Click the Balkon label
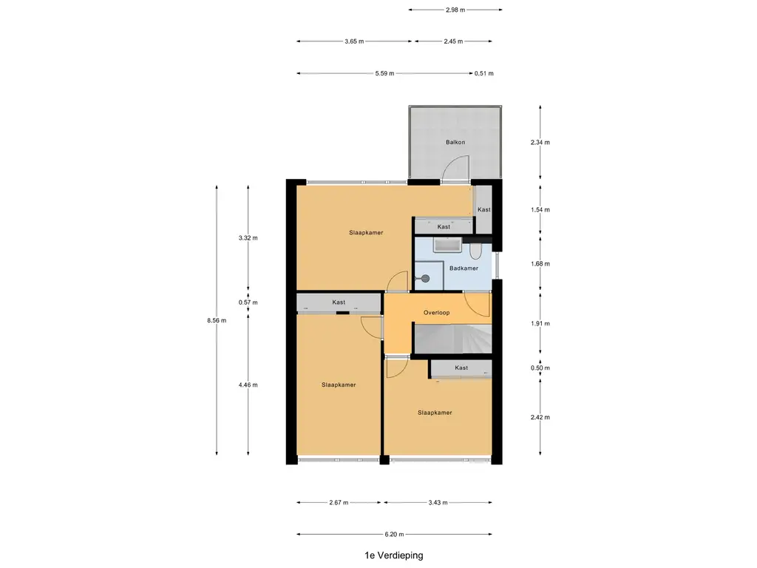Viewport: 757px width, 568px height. tap(455, 142)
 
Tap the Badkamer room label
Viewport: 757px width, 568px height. tap(464, 268)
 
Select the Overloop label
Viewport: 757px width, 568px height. tap(436, 313)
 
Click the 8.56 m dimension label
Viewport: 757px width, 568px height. tap(217, 320)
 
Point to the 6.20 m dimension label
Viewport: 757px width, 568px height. tap(394, 534)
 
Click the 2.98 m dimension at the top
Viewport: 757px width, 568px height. tap(455, 10)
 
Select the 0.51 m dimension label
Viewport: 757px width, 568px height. tap(483, 73)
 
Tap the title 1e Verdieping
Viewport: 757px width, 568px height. tap(394, 555)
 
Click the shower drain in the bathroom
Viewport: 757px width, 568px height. tap(425, 278)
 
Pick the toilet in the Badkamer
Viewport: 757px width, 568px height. tap(476, 251)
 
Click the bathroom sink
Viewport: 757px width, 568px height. tap(447, 246)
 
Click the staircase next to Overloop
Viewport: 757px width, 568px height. tap(453, 339)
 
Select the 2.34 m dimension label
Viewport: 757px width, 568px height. tap(540, 142)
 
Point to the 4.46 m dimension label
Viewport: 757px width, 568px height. tap(248, 385)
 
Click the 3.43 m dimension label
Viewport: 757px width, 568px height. tap(438, 502)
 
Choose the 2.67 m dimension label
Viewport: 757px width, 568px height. tap(339, 502)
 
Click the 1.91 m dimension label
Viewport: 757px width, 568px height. tap(540, 324)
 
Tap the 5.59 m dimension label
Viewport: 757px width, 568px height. tap(384, 73)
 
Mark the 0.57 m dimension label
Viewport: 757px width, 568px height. tap(248, 302)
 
